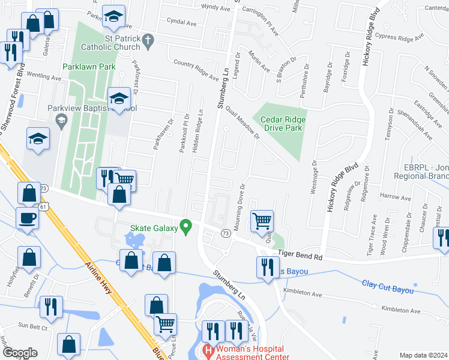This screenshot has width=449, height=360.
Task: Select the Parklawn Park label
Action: click(x=89, y=67)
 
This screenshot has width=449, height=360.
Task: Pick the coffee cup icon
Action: click(x=26, y=218)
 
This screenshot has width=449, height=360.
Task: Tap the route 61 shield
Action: click(x=43, y=206)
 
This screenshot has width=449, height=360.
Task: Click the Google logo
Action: click(x=20, y=353)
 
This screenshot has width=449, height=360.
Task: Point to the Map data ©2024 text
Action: click(x=423, y=355)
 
